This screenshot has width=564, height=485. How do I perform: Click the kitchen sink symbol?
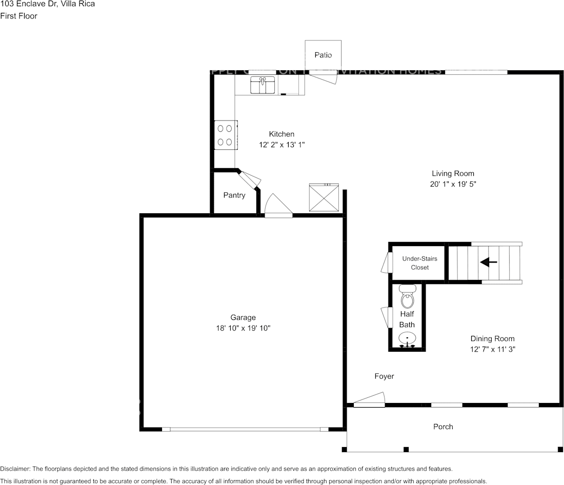click(x=263, y=85)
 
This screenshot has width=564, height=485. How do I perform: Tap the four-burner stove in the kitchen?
click(x=226, y=135)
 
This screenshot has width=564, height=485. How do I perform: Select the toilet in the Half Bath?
click(x=407, y=297)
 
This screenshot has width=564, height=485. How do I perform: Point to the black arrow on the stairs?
click(x=488, y=262)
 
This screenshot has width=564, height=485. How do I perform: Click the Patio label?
click(x=323, y=55)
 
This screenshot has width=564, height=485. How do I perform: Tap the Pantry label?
click(x=234, y=195)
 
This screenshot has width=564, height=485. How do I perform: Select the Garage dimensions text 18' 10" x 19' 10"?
click(x=243, y=328)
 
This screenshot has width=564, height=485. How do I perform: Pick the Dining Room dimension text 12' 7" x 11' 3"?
click(x=492, y=349)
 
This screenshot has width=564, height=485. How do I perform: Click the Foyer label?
click(x=384, y=376)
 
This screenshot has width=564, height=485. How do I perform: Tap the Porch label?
click(x=443, y=427)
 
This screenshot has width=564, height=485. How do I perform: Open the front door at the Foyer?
click(x=369, y=399)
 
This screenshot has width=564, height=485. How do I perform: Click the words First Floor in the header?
click(x=19, y=16)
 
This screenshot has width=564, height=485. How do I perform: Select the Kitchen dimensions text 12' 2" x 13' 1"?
click(x=281, y=145)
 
